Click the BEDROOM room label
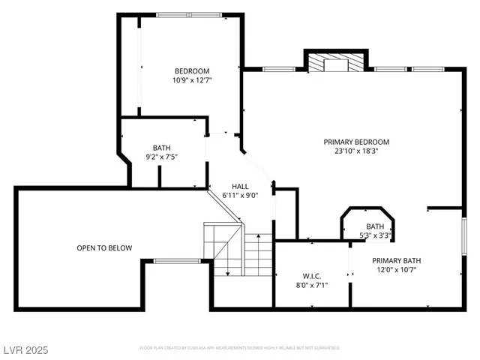(x=192, y=70)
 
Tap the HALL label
(x=240, y=186)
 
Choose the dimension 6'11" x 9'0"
(x=240, y=195)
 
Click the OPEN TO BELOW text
(x=104, y=248)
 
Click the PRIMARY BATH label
(x=397, y=261)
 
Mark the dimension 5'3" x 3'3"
(x=375, y=235)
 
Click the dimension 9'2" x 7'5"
(x=161, y=157)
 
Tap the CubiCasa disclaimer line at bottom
(x=240, y=348)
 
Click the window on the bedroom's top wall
(x=188, y=14)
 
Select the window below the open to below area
(x=177, y=260)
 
